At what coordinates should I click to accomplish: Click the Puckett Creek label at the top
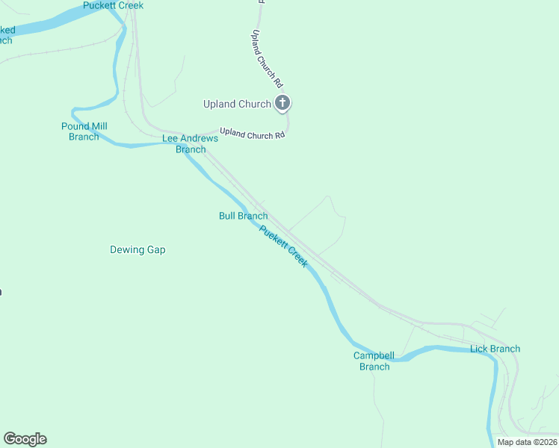click(113, 5)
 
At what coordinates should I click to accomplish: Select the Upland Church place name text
click(237, 104)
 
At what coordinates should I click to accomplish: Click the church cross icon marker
click(282, 103)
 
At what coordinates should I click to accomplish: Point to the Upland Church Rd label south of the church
click(253, 133)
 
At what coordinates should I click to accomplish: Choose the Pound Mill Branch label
click(84, 131)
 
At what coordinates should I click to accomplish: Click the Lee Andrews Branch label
click(191, 143)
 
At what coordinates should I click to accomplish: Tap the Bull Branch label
click(243, 216)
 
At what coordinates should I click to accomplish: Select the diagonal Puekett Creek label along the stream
click(283, 246)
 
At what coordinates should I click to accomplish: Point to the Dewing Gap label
click(138, 249)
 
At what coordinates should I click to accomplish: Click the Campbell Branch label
click(374, 361)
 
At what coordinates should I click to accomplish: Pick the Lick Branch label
click(495, 349)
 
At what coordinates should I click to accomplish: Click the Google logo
click(25, 438)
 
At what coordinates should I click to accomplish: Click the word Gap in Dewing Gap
click(156, 249)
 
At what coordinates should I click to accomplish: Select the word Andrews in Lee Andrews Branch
click(199, 138)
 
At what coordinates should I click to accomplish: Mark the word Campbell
click(374, 355)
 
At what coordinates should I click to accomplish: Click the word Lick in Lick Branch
click(479, 349)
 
